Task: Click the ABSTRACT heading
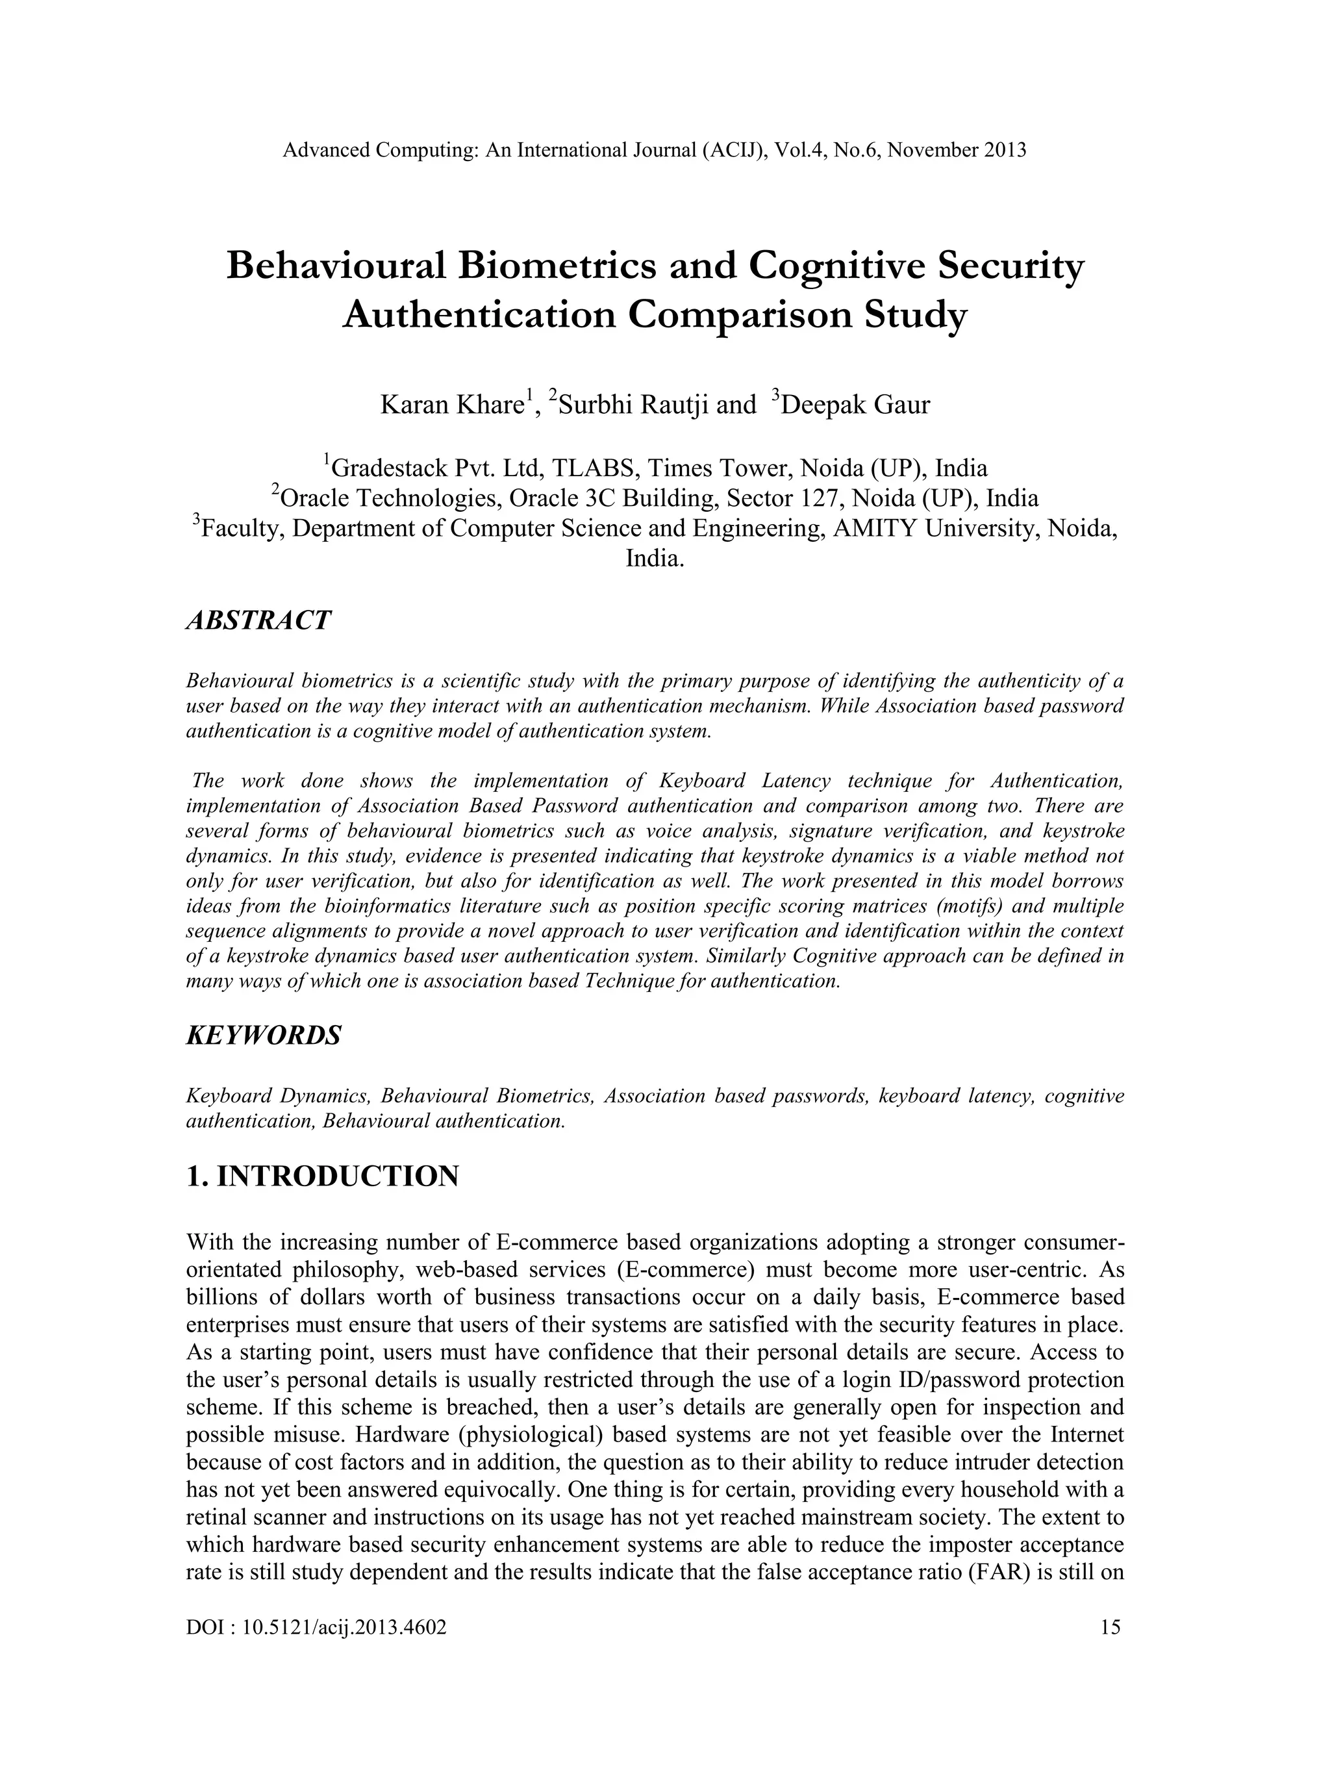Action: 258,620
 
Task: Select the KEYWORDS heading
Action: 263,1035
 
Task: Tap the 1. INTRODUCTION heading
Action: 322,1176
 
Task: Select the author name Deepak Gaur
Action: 855,405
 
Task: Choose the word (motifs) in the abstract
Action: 952,906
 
